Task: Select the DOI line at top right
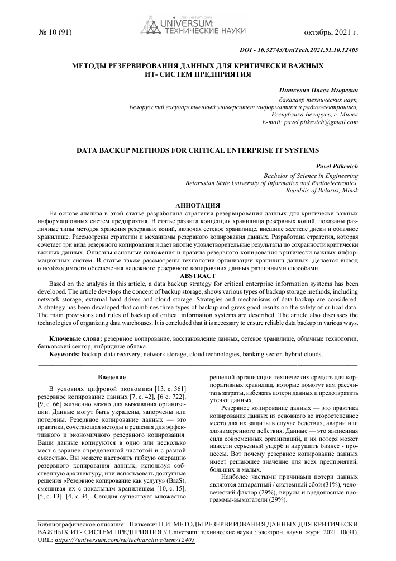pyautogui.click(x=298, y=50)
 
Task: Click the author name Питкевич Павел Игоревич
pyautogui.click(x=318, y=90)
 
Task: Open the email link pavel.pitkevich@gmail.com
pyautogui.click(x=321, y=122)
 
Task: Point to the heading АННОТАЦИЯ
pyautogui.click(x=197, y=206)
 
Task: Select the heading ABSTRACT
pyautogui.click(x=197, y=275)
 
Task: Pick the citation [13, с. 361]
pyautogui.click(x=166, y=389)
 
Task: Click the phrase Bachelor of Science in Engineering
pyautogui.click(x=311, y=176)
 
